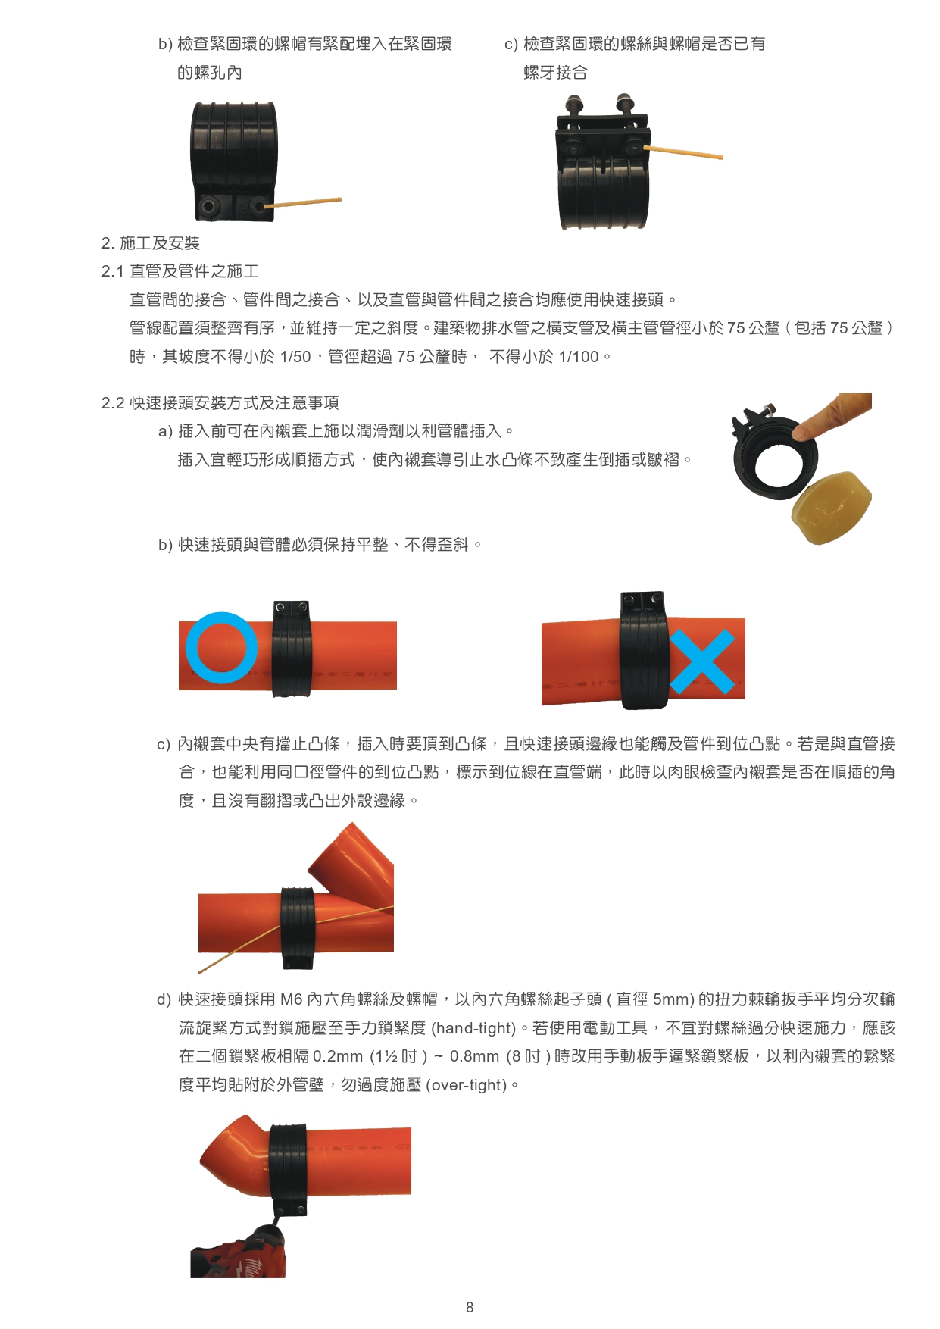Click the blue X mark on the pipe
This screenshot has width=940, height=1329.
coord(702,661)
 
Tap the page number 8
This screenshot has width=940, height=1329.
coord(470,1307)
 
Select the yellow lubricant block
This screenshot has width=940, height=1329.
coord(831,507)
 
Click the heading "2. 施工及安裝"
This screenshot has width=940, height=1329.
coord(151,243)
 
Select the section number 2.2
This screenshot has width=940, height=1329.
coord(113,403)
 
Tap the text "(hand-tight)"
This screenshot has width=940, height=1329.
coord(473,1028)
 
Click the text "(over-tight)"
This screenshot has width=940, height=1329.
coord(467,1085)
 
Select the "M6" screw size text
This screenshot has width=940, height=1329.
coord(292,999)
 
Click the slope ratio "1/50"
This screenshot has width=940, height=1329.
coord(295,357)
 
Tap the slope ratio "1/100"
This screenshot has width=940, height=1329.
coord(579,357)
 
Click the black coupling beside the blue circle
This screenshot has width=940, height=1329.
coord(292,649)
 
